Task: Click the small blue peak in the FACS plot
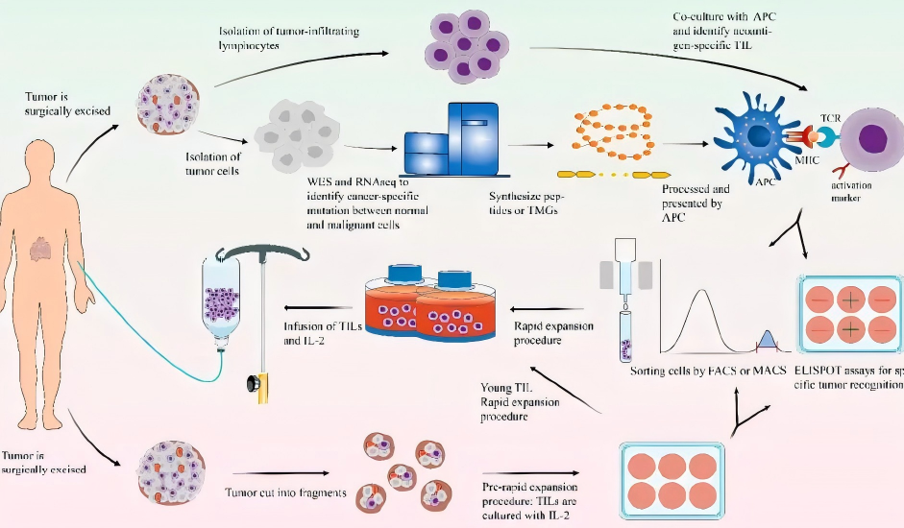[767, 339]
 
